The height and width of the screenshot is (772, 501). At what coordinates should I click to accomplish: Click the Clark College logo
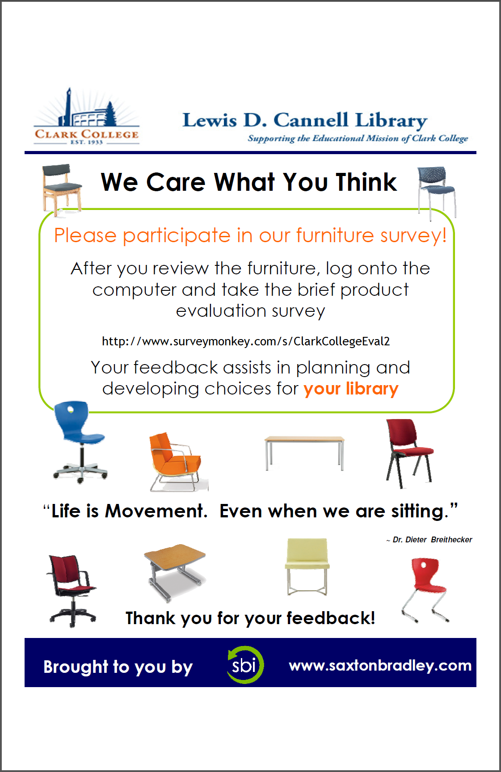coord(87,117)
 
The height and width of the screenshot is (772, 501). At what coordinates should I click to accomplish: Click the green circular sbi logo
coord(245,665)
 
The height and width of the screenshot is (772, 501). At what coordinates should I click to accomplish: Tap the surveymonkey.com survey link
coord(246,341)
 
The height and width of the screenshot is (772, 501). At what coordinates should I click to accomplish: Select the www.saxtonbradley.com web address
coord(380,665)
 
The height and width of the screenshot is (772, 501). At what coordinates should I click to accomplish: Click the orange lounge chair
coord(177,462)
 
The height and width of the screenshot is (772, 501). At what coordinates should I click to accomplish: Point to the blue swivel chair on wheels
coord(80,442)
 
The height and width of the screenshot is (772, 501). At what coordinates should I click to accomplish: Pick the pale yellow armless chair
coord(307,566)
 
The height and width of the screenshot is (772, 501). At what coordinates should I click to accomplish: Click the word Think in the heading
coord(366,182)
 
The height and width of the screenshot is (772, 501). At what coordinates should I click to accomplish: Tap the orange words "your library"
coord(351,389)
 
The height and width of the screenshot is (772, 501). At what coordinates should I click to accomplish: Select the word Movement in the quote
coord(156,511)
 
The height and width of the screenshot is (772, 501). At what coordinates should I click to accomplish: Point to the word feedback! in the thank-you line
coord(331,618)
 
